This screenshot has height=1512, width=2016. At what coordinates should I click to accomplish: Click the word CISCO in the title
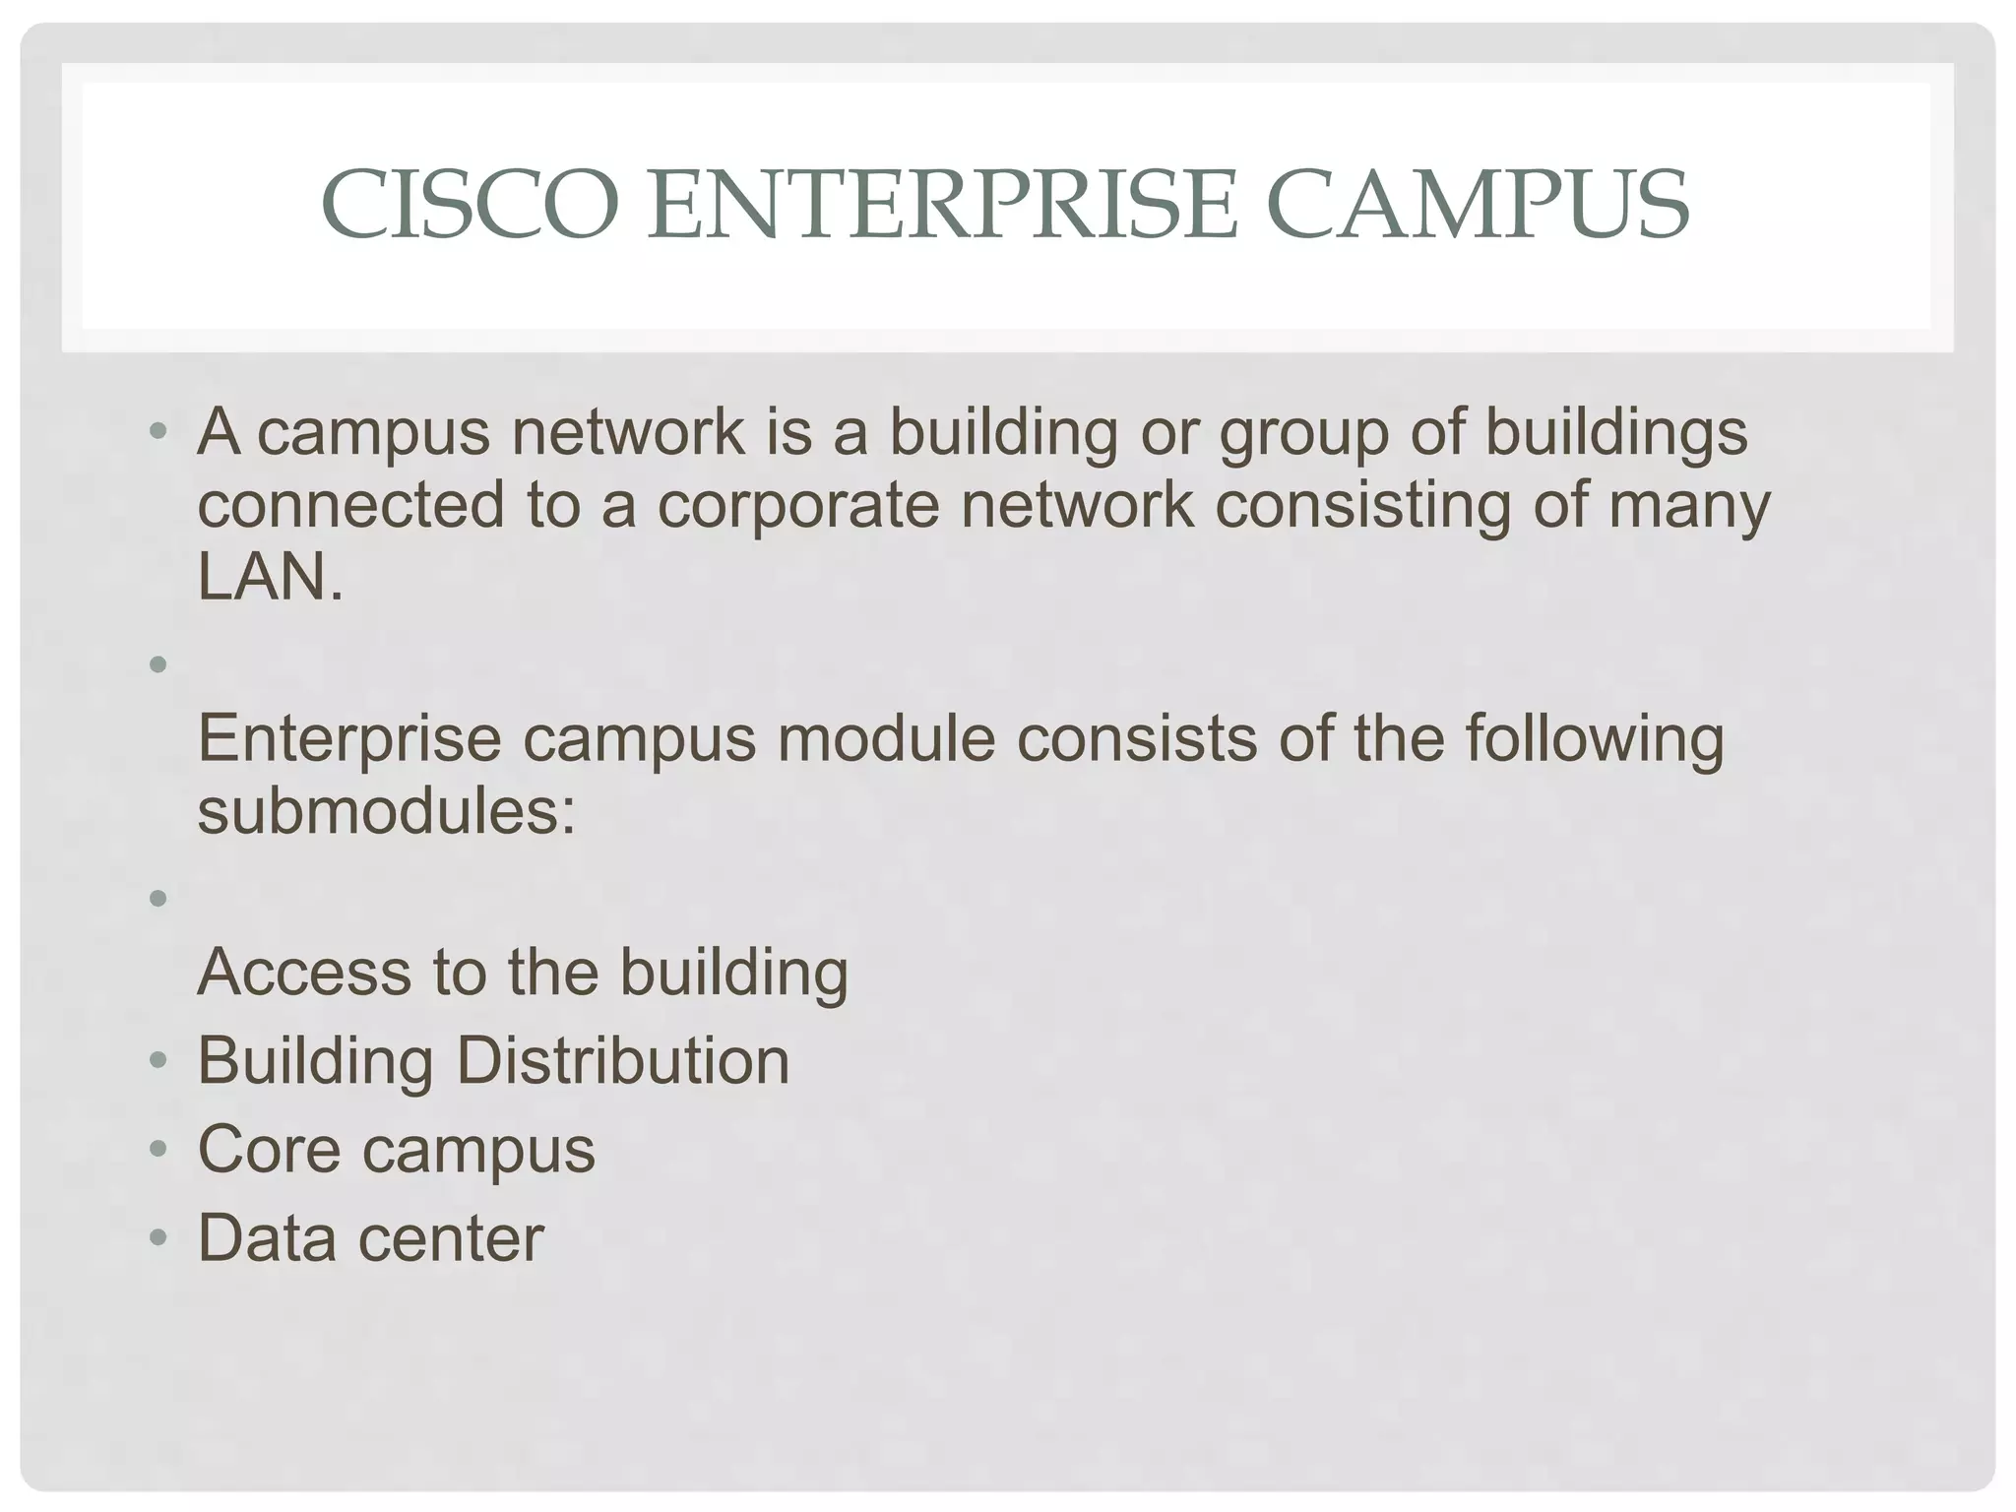click(x=470, y=205)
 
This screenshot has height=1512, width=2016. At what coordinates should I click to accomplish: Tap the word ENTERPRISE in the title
click(x=941, y=205)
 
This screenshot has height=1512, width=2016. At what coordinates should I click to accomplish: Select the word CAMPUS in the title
click(x=1478, y=205)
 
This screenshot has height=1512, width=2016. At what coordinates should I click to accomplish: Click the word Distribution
click(x=622, y=1061)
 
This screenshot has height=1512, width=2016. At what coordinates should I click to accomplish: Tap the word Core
click(x=269, y=1149)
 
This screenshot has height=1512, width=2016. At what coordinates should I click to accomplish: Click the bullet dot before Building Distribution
click(x=158, y=1062)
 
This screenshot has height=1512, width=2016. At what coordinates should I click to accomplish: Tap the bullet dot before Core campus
click(x=158, y=1150)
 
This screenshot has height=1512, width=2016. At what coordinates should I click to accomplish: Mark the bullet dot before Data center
click(x=158, y=1238)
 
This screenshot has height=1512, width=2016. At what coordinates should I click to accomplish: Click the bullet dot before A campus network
click(x=158, y=432)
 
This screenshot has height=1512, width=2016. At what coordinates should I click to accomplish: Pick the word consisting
click(x=1362, y=504)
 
